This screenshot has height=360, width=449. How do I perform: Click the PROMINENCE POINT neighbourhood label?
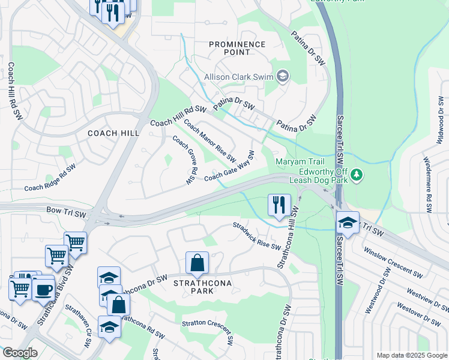(x=237, y=48)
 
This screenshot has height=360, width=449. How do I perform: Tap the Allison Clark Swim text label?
(x=238, y=76)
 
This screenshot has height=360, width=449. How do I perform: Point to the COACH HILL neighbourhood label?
(x=113, y=133)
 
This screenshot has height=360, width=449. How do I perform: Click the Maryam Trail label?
(x=300, y=161)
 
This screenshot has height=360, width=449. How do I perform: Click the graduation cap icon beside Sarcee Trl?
(x=348, y=223)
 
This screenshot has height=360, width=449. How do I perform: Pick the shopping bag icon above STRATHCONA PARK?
(x=197, y=263)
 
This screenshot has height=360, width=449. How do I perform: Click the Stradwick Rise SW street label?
(x=257, y=236)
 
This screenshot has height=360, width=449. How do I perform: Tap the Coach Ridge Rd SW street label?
(x=50, y=178)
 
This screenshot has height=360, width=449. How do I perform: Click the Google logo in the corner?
(x=19, y=353)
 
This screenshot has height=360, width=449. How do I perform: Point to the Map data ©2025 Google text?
(x=411, y=355)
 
